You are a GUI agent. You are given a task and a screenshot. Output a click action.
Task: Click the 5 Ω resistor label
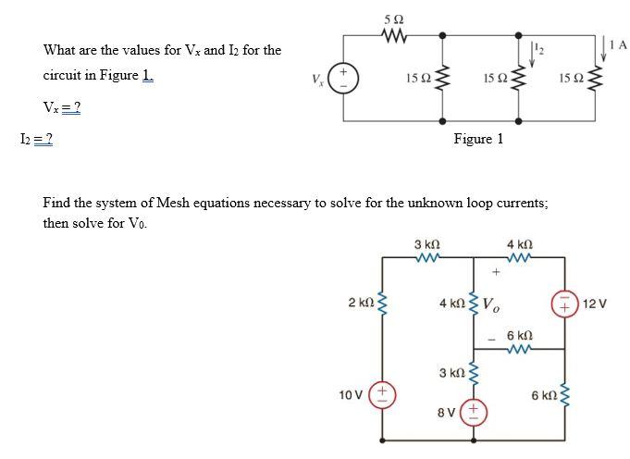point(393,19)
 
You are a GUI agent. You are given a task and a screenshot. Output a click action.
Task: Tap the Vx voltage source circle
point(344,78)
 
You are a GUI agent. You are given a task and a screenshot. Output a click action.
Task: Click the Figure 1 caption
point(477,139)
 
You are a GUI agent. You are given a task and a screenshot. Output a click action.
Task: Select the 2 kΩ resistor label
point(361,303)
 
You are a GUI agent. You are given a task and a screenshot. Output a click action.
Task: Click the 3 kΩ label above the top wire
point(426,244)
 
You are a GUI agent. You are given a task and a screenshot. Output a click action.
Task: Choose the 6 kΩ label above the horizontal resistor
point(519,334)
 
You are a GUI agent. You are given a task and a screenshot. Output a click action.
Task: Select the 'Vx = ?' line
point(62,108)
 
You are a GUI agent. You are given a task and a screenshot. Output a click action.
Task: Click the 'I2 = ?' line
point(36,139)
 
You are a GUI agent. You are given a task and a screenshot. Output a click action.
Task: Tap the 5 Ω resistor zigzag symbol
point(393,35)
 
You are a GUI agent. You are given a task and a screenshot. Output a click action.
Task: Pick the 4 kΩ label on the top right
point(519,244)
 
